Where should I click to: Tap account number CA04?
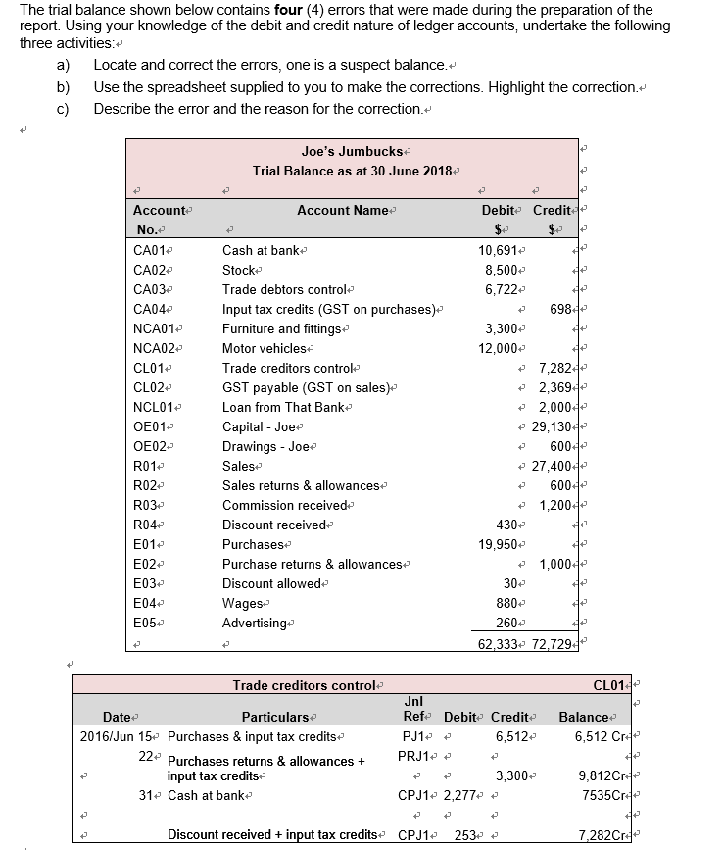tap(152, 309)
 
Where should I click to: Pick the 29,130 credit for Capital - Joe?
tap(552, 426)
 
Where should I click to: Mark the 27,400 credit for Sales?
tap(552, 466)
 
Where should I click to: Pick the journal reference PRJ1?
tap(411, 756)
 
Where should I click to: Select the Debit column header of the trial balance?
tap(500, 210)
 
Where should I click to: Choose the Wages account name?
tap(242, 603)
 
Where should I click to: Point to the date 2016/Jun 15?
tap(115, 736)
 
